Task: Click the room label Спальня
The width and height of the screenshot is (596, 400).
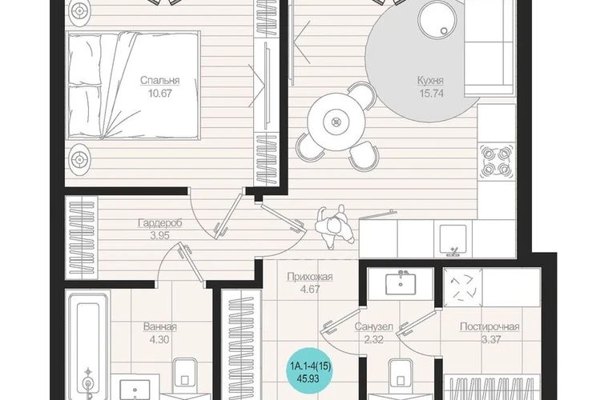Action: [x=159, y=81]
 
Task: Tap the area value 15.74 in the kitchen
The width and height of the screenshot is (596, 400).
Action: [x=432, y=93]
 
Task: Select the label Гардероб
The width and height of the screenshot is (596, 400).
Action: [x=159, y=222]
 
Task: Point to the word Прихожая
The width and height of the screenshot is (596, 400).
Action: [x=310, y=277]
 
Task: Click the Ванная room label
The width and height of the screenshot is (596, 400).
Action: [x=160, y=326]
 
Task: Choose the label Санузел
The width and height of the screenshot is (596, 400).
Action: [x=373, y=326]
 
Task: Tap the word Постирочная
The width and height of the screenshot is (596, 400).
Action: [x=489, y=326]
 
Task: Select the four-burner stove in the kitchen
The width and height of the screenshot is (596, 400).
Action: [x=496, y=161]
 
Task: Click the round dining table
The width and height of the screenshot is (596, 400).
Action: [x=336, y=122]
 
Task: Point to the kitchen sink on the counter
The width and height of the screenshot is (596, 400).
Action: [x=453, y=239]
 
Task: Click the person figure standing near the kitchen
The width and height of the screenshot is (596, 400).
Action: [x=335, y=226]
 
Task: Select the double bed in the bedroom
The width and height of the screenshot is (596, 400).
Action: [x=133, y=86]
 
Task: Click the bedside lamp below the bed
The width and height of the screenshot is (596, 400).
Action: [x=79, y=159]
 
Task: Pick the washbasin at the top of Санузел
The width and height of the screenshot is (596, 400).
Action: [x=401, y=282]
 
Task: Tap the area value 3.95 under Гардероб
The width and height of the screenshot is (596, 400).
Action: [x=159, y=236]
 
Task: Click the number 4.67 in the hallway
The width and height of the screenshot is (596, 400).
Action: [x=310, y=290]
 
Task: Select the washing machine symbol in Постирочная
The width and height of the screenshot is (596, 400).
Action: [x=462, y=286]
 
